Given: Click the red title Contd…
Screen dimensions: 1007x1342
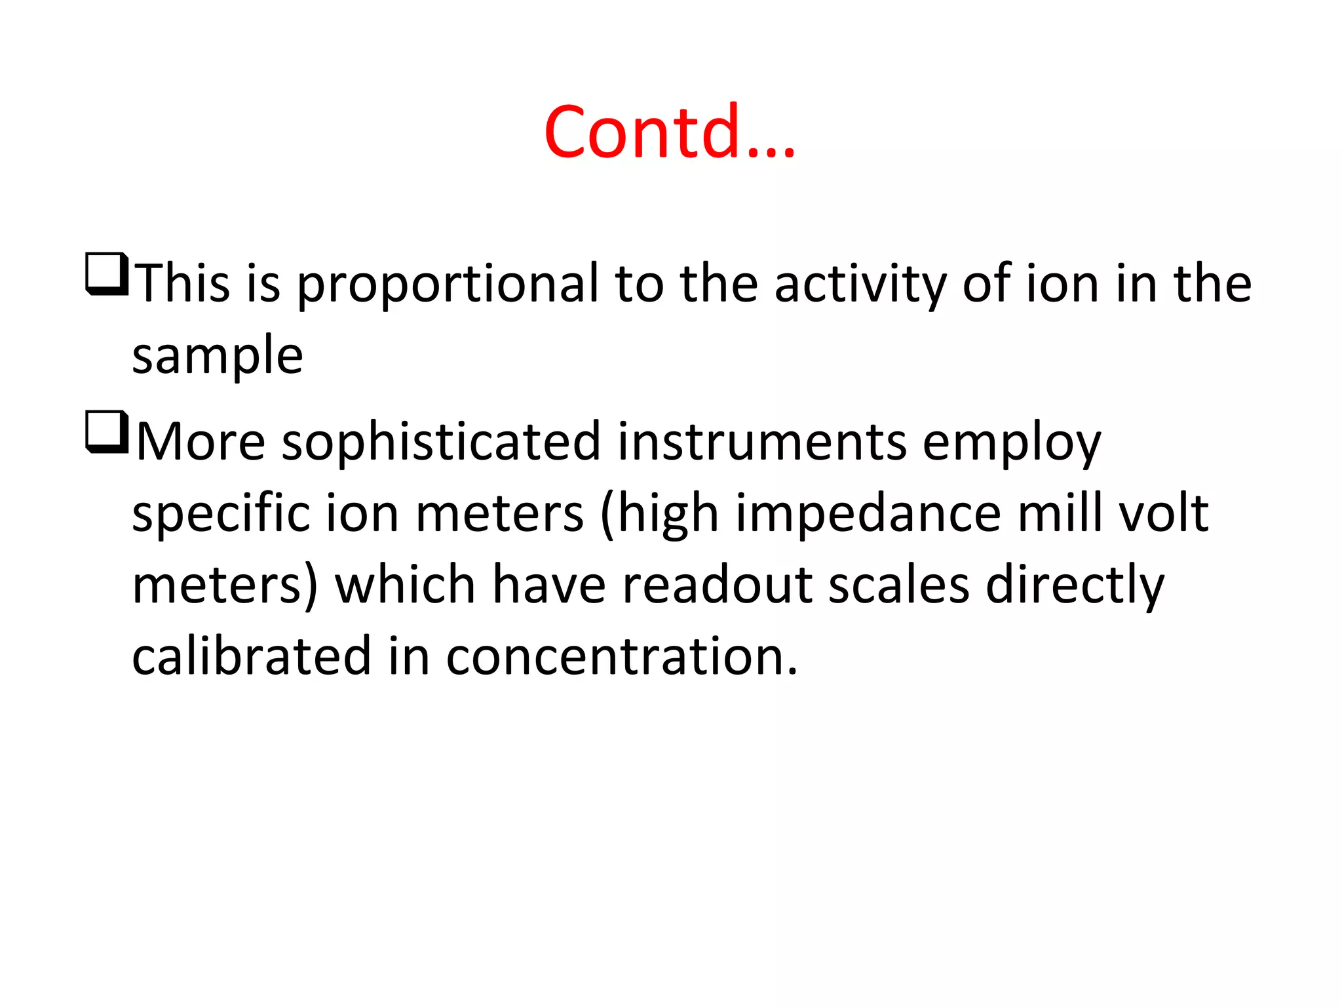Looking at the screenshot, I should click(x=670, y=132).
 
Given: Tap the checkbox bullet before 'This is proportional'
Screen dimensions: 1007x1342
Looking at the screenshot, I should click(x=105, y=274).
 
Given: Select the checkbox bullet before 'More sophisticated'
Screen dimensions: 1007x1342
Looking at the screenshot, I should click(x=105, y=432).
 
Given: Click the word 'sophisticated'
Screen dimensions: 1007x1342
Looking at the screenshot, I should click(x=441, y=443).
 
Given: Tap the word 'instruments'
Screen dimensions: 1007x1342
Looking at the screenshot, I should click(x=762, y=443).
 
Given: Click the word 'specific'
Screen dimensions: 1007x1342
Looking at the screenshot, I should click(x=221, y=515).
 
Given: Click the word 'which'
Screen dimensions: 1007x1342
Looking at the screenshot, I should click(x=405, y=585).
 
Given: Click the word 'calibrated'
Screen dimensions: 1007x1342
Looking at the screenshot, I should click(x=252, y=656).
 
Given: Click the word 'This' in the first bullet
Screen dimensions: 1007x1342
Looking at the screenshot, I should click(x=184, y=284).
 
